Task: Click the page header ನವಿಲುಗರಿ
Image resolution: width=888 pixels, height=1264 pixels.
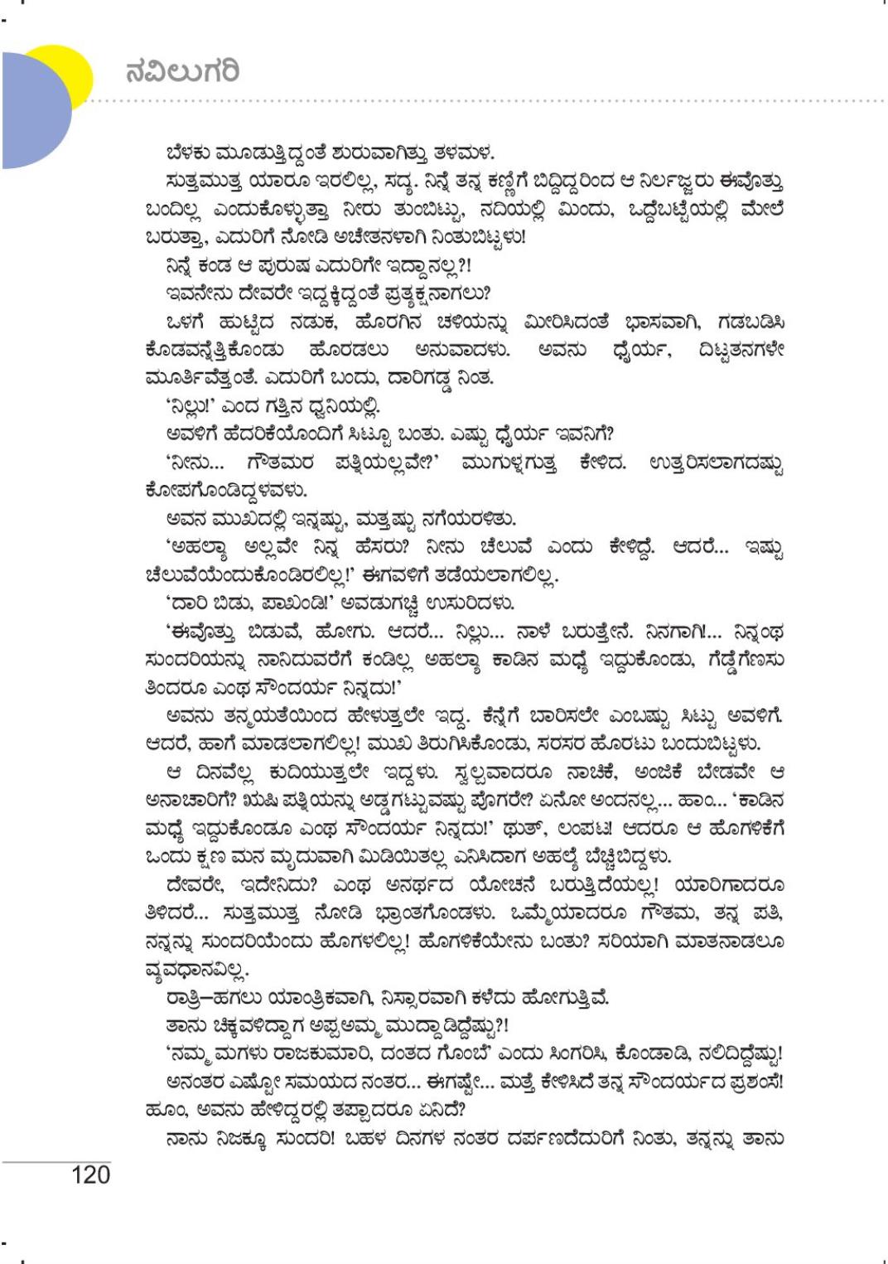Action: point(182,71)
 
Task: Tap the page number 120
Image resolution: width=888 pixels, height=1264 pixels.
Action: point(91,1174)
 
